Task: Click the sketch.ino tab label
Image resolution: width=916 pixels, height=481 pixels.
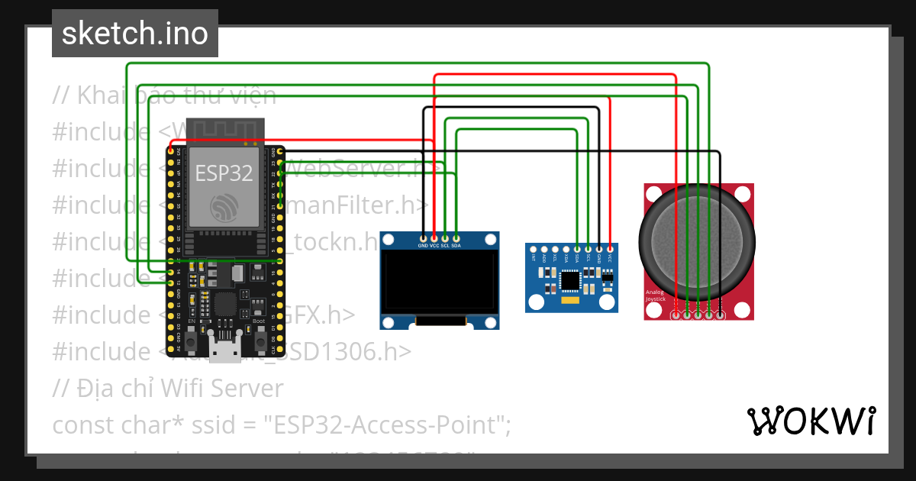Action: [x=134, y=34]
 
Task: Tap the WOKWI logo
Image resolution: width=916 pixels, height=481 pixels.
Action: [x=810, y=421]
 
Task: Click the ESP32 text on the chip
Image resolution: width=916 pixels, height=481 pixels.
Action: [x=224, y=173]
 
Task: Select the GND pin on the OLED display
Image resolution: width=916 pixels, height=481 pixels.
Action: [x=424, y=237]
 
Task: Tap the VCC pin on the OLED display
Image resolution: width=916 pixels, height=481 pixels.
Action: [x=434, y=237]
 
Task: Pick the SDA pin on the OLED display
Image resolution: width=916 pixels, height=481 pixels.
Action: [x=456, y=237]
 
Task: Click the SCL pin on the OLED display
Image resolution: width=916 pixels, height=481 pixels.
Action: [x=445, y=237]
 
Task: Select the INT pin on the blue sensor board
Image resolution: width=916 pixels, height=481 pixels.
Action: [x=534, y=250]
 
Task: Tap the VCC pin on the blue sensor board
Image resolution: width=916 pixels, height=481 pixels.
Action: [x=610, y=250]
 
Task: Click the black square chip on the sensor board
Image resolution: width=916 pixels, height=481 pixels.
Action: [x=570, y=281]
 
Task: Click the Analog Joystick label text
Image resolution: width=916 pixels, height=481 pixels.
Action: [x=656, y=295]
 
